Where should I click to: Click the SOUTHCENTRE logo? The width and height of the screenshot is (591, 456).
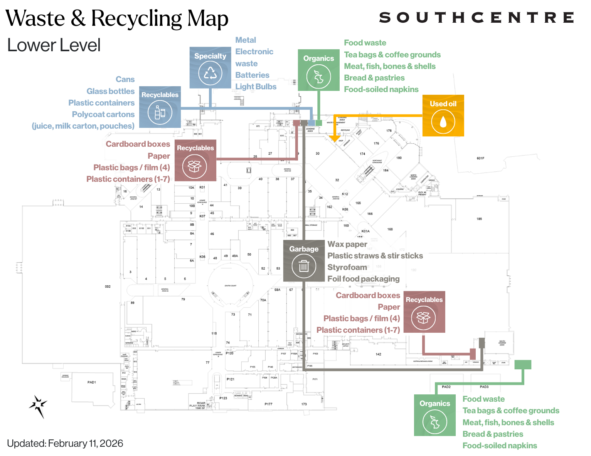click(x=477, y=18)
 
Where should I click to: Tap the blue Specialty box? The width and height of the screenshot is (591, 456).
click(x=210, y=68)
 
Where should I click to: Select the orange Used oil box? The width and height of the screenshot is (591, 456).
click(x=443, y=116)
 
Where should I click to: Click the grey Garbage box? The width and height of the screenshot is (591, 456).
click(x=304, y=261)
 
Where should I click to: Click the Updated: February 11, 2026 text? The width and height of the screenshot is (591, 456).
click(x=65, y=443)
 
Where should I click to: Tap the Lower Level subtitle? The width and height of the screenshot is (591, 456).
click(x=54, y=45)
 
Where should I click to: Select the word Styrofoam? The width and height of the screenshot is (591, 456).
click(x=347, y=267)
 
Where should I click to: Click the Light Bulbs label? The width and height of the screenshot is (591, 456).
click(x=256, y=87)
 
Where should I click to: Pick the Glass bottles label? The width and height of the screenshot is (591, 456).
click(x=110, y=91)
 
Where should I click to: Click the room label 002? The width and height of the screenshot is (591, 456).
click(x=108, y=287)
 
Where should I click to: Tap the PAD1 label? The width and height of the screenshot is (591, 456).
click(x=91, y=382)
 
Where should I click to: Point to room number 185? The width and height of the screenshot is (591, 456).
click(x=479, y=219)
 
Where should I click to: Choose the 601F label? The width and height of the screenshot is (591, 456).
click(x=480, y=158)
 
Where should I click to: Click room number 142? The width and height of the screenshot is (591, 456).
click(x=378, y=354)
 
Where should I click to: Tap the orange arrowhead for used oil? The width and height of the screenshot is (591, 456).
click(x=334, y=138)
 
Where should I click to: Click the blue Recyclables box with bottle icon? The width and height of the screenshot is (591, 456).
click(x=160, y=107)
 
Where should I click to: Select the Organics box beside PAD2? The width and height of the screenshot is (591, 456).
click(x=434, y=415)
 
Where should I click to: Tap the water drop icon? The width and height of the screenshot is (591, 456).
click(x=443, y=121)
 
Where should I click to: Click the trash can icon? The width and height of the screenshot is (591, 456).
click(x=304, y=266)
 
